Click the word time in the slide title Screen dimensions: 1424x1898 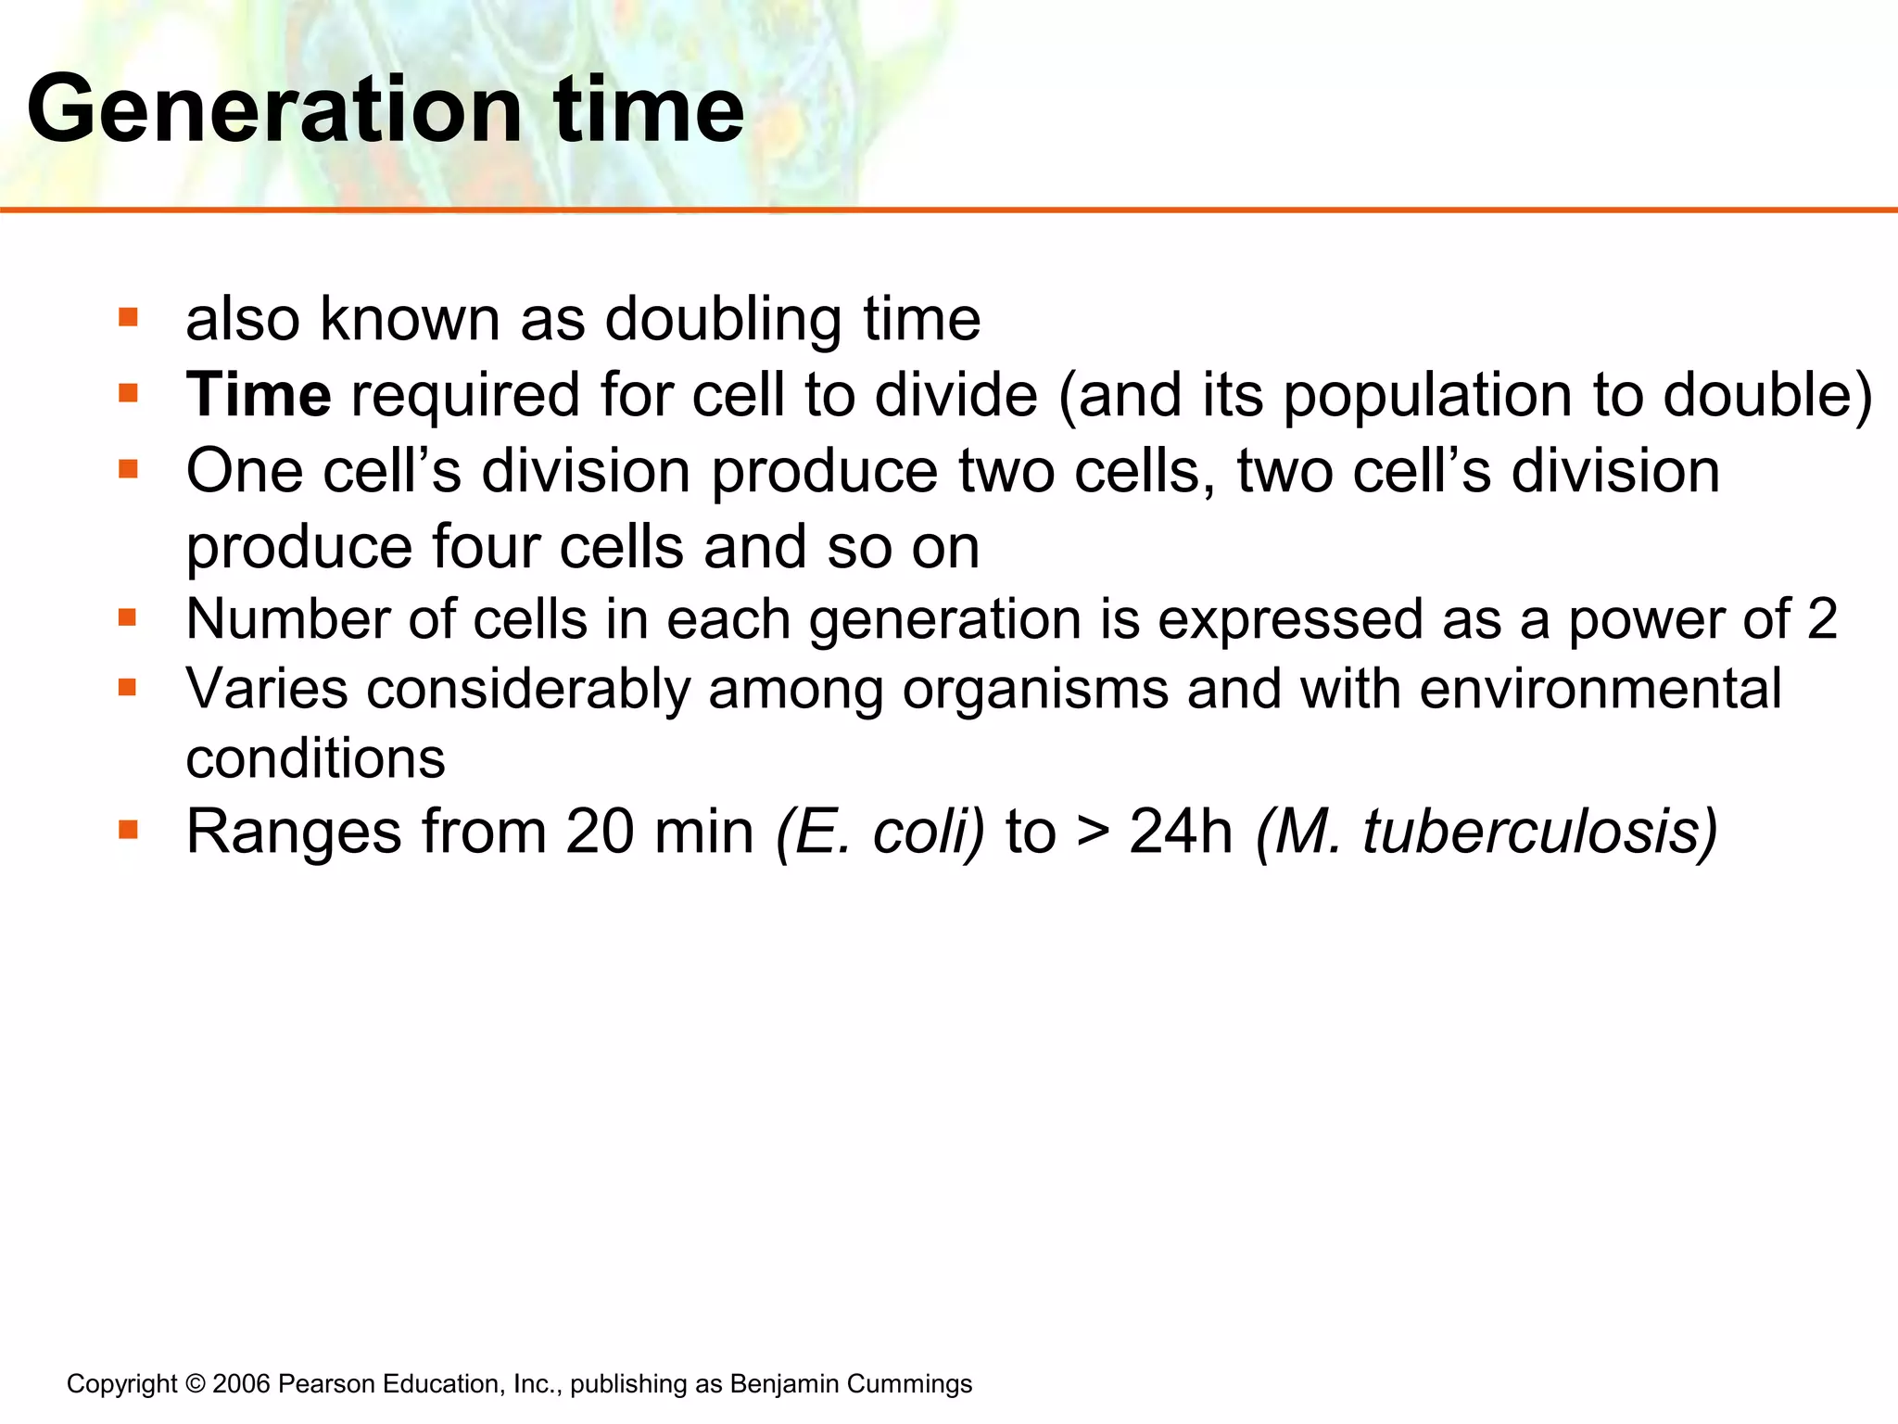click(x=648, y=111)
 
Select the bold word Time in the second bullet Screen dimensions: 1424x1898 click(x=259, y=395)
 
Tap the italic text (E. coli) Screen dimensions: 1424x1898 click(x=879, y=832)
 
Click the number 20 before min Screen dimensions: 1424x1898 click(x=600, y=832)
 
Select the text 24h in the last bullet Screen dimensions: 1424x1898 click(x=1181, y=832)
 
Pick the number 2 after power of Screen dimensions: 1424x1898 click(x=1822, y=619)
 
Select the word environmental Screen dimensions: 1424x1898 click(x=1601, y=690)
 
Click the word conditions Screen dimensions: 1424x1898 click(x=315, y=758)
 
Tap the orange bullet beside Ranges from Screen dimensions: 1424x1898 click(x=128, y=829)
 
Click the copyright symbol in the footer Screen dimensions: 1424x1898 click(x=195, y=1384)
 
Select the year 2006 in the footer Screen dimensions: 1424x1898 click(x=241, y=1384)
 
